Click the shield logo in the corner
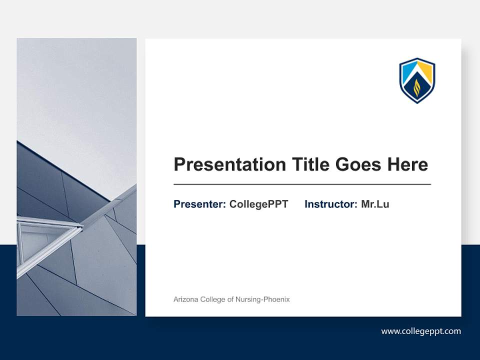(417, 80)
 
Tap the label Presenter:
(199, 204)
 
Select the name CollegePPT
(258, 204)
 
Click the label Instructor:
(330, 204)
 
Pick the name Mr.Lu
(375, 204)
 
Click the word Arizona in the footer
(185, 299)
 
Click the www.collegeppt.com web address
(421, 331)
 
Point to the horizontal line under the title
(302, 184)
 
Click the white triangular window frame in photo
(45, 235)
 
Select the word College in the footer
(212, 299)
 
